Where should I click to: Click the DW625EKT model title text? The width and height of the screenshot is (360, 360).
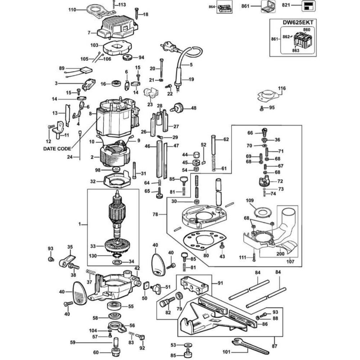297,22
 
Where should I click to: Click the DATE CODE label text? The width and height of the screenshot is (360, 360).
57,148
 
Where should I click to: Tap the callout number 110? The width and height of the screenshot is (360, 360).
73,10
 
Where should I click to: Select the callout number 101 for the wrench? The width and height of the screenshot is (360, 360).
226,352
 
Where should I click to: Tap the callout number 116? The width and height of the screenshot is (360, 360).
282,88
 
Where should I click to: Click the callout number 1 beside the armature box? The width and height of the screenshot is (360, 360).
80,224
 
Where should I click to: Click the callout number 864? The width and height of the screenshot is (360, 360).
212,7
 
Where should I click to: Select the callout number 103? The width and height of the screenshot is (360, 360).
94,46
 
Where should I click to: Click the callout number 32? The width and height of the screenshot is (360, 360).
93,181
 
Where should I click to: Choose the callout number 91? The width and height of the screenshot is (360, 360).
220,283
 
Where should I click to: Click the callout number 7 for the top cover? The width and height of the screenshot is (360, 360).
89,33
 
